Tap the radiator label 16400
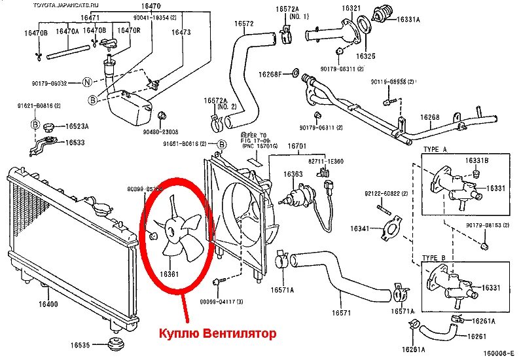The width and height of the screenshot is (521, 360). pyautogui.click(x=48, y=304)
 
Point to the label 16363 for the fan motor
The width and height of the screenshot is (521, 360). pyautogui.click(x=293, y=175)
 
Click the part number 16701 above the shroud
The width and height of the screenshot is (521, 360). pyautogui.click(x=297, y=145)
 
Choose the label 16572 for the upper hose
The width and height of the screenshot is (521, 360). pyautogui.click(x=244, y=24)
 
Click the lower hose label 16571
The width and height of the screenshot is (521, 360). pyautogui.click(x=342, y=313)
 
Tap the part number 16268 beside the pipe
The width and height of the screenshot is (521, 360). pyautogui.click(x=430, y=117)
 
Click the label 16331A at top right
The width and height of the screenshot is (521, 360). pyautogui.click(x=408, y=20)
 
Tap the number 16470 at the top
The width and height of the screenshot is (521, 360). pyautogui.click(x=151, y=6)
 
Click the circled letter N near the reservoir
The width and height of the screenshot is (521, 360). pyautogui.click(x=86, y=82)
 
